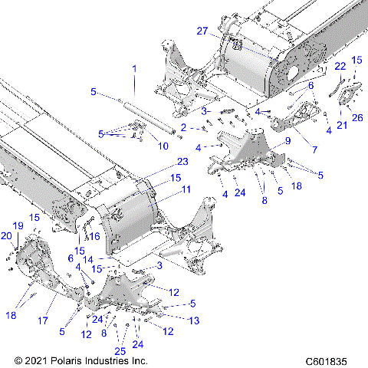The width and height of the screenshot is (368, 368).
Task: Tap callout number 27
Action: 202,31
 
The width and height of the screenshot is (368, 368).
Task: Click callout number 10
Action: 163,146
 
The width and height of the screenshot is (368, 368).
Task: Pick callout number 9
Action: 288,141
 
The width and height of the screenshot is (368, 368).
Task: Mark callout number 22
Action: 340,67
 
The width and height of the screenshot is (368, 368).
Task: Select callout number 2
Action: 183,127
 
